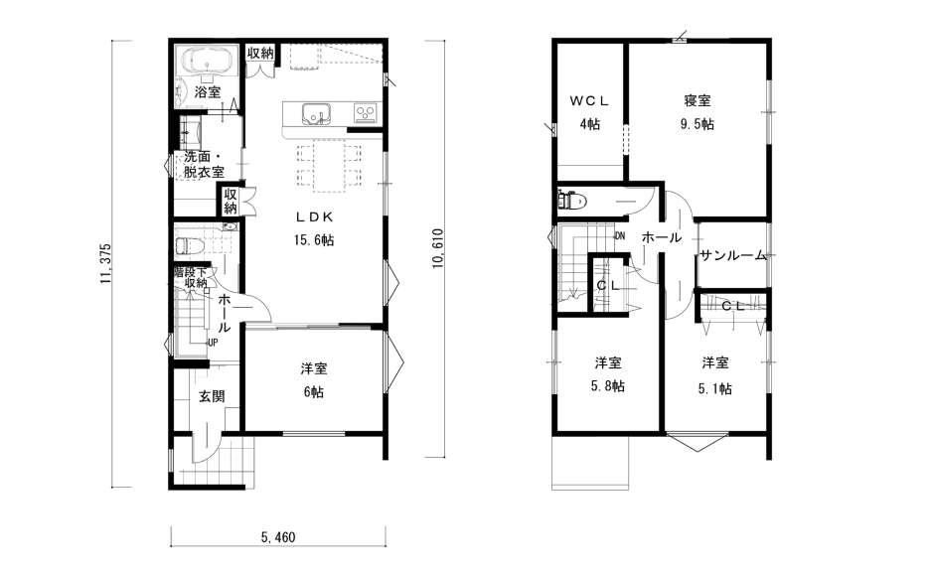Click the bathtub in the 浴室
pos(208,62)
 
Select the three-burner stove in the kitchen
pos(366,112)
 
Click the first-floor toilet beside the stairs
pos(190,245)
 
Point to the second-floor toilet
pos(571,200)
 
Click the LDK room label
pos(314,216)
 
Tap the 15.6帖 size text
pos(314,240)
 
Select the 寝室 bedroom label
pos(697,101)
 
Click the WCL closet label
pos(589,101)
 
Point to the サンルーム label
pos(733,255)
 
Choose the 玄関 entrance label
pos(212,396)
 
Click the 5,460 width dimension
pos(278,538)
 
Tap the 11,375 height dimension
pos(106,263)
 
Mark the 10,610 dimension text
pos(438,248)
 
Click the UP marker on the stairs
pos(213,343)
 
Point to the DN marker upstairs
pos(620,236)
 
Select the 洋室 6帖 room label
pos(314,380)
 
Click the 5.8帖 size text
pos(607,386)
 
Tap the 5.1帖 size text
pos(714,388)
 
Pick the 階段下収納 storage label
pos(191,277)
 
